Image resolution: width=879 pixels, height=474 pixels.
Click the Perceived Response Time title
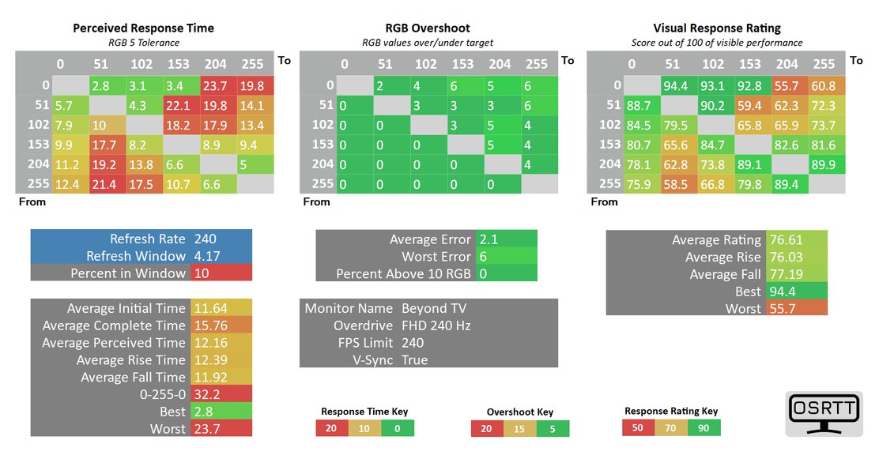pyautogui.click(x=143, y=28)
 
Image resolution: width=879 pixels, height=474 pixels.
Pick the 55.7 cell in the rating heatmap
pyautogui.click(x=788, y=86)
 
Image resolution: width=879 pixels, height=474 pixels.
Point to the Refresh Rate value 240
pyautogui.click(x=206, y=239)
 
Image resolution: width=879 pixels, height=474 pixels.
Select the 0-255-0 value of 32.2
pyautogui.click(x=206, y=394)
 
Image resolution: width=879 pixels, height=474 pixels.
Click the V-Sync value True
pyautogui.click(x=415, y=360)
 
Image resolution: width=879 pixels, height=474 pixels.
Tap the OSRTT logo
pyautogui.click(x=823, y=413)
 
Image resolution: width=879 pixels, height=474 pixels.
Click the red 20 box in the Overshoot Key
pyautogui.click(x=487, y=429)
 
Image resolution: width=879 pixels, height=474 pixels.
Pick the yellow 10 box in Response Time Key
pyautogui.click(x=364, y=428)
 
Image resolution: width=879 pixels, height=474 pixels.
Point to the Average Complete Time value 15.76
pyautogui.click(x=208, y=325)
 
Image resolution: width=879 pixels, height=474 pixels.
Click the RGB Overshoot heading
pyautogui.click(x=428, y=28)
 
